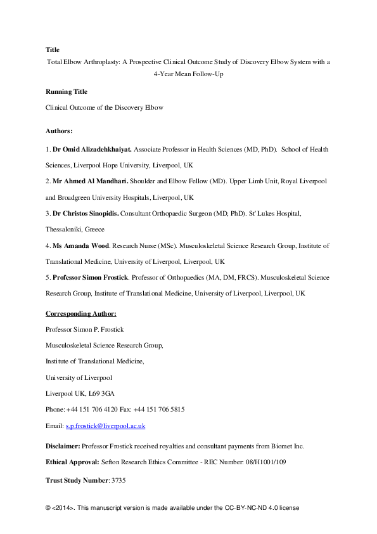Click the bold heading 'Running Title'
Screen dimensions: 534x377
click(66, 91)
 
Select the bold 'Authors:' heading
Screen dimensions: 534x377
click(59, 131)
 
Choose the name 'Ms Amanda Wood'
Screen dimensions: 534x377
click(75, 245)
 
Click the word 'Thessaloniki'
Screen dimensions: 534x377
click(65, 229)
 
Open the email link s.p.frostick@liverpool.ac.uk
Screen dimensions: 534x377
click(105, 426)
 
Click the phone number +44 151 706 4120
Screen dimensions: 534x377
click(94, 410)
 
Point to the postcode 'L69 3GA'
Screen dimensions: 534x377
click(98, 393)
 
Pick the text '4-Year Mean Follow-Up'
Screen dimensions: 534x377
click(188, 74)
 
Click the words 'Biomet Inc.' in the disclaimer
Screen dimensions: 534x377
click(286, 446)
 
